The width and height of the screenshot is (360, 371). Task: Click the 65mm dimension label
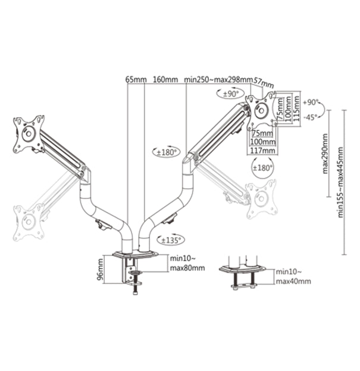point(136,79)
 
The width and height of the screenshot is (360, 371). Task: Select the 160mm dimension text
point(165,79)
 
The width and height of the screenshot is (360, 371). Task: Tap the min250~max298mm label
point(218,79)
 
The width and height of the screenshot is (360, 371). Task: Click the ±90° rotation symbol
point(230,94)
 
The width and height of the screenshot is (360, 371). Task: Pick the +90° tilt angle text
point(311,102)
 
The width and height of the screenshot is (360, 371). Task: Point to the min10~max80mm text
point(187,263)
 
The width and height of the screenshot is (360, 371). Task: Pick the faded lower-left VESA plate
point(27,223)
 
